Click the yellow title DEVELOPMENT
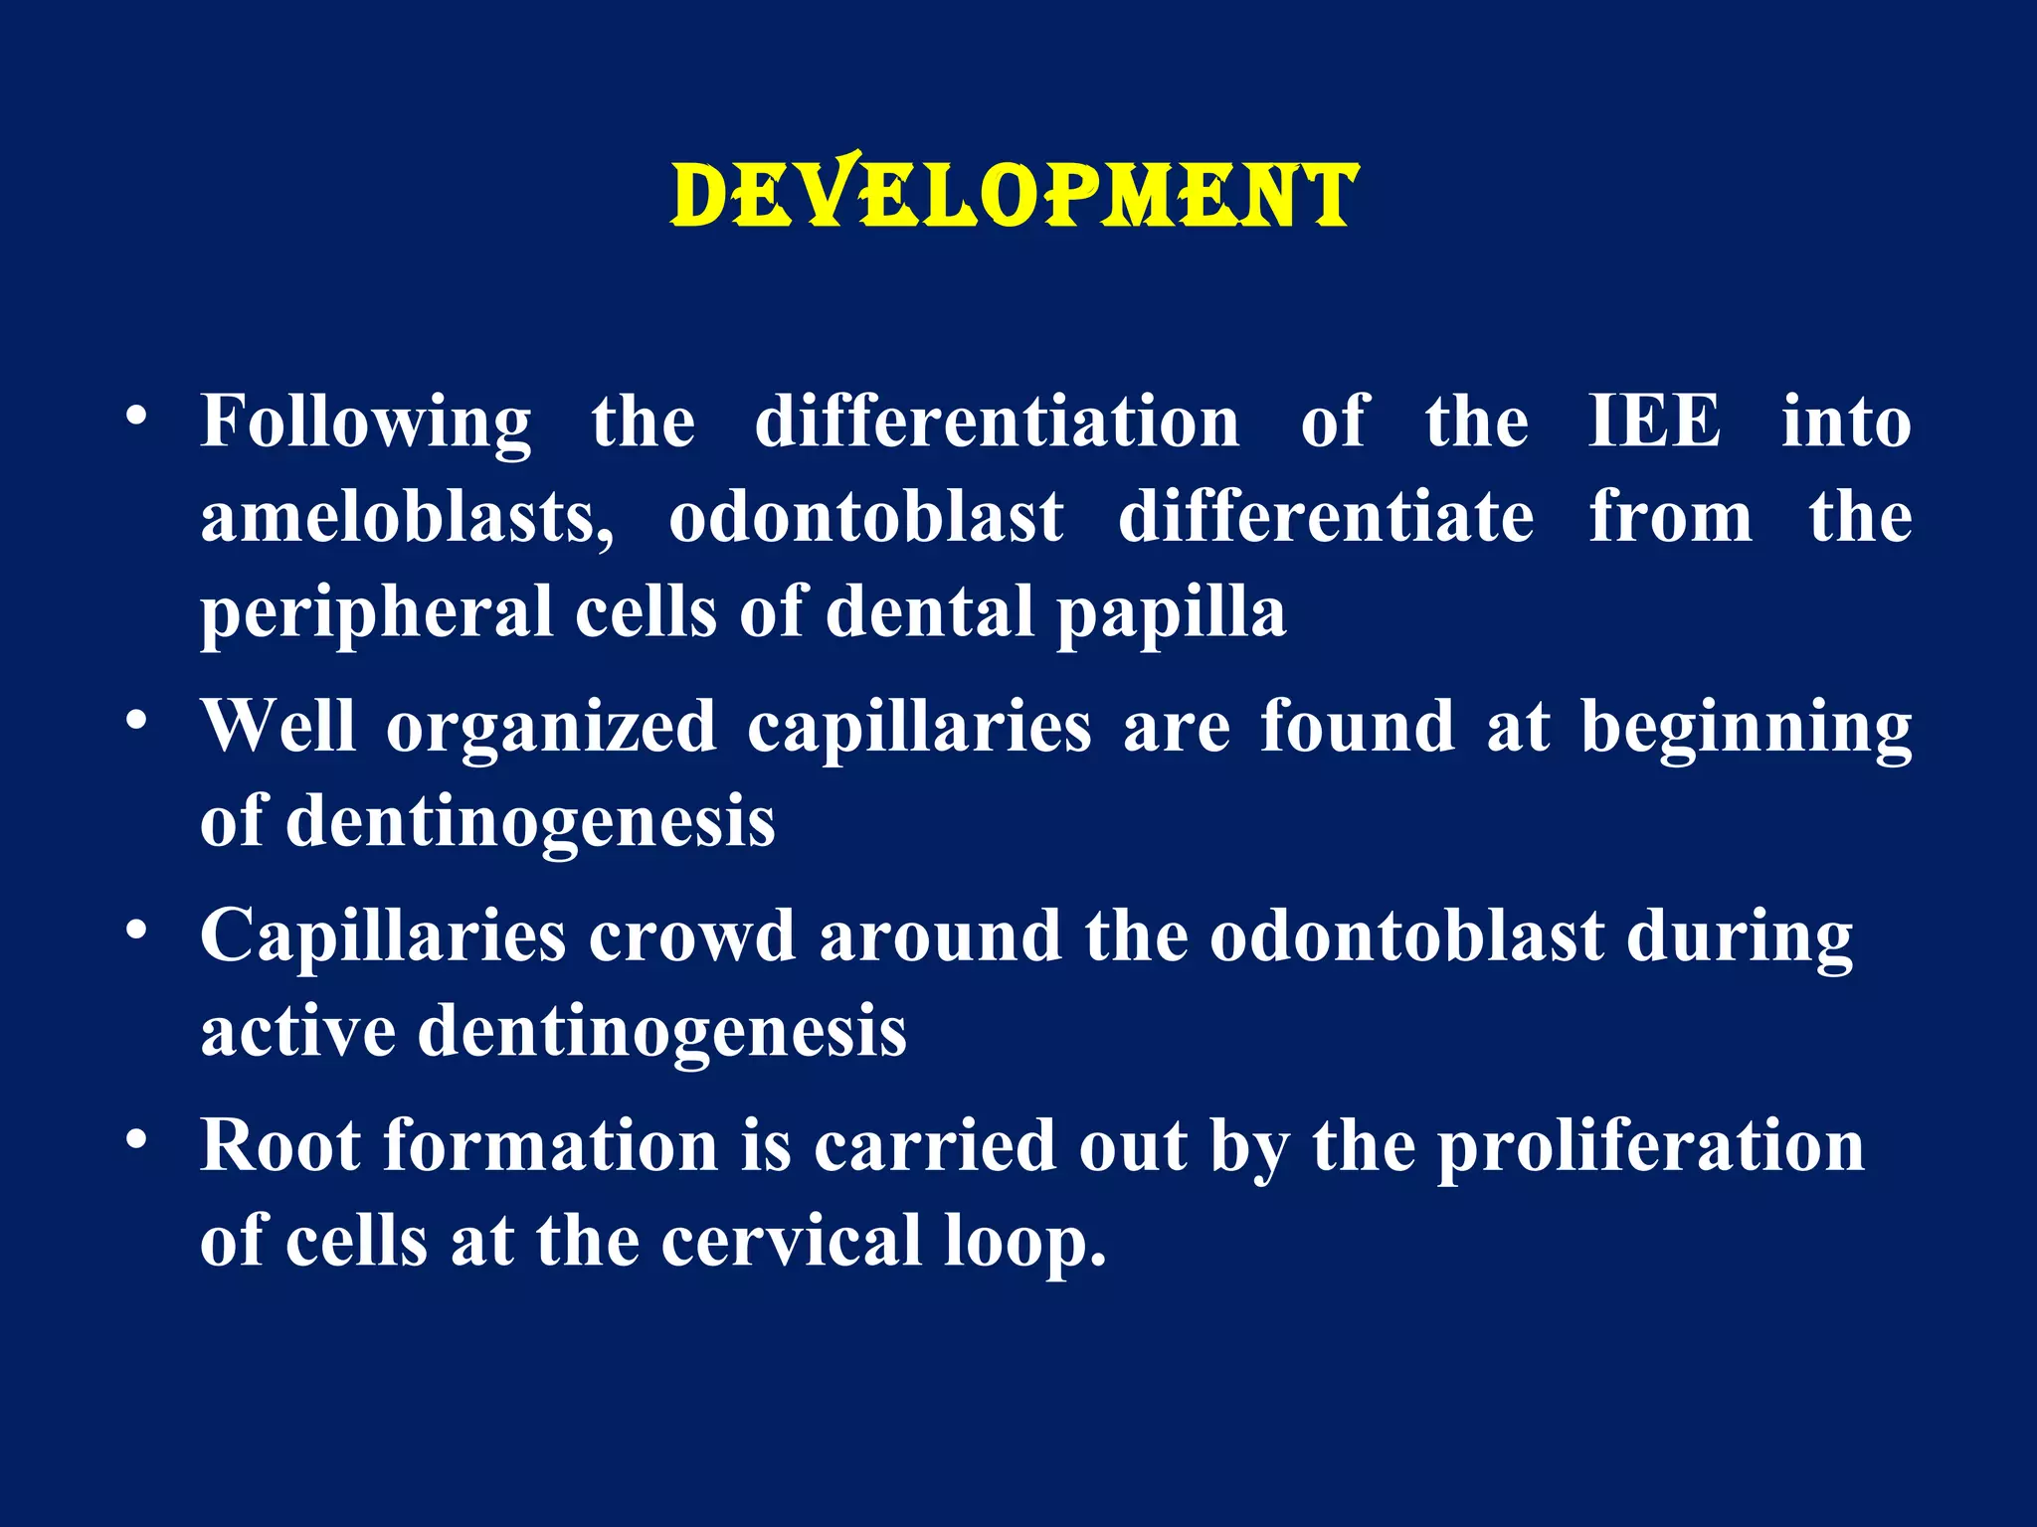tap(1015, 196)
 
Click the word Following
tap(366, 423)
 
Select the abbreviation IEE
tap(1653, 422)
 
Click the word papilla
tap(1171, 613)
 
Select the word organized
tap(551, 728)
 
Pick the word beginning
tap(1746, 728)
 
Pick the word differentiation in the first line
tap(997, 422)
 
